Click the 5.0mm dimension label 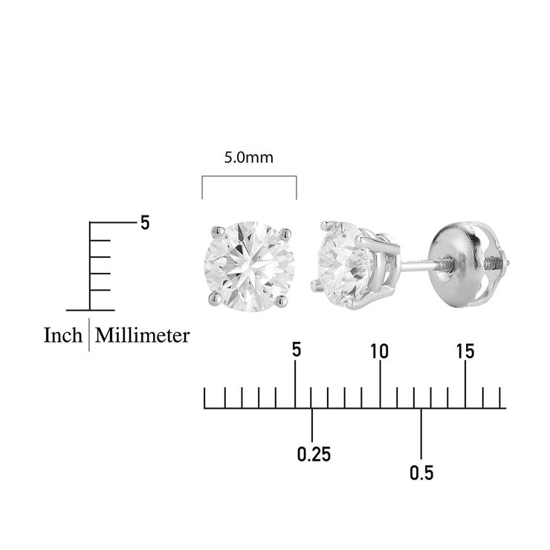[x=249, y=158]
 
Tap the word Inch [x=62, y=335]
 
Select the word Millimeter [x=142, y=335]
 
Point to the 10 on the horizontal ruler [x=380, y=351]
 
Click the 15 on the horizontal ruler [x=465, y=351]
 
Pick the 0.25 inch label [x=314, y=454]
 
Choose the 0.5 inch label [x=421, y=473]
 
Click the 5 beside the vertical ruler [x=145, y=222]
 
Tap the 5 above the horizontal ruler [x=297, y=350]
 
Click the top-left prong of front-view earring [x=218, y=231]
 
